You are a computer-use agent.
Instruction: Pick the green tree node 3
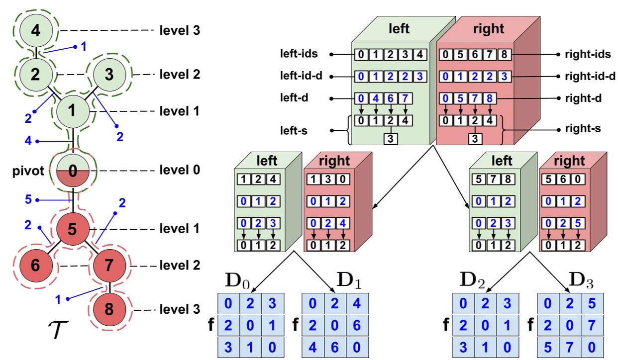click(109, 75)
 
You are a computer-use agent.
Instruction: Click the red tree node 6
click(35, 266)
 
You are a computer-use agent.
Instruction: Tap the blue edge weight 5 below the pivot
click(28, 200)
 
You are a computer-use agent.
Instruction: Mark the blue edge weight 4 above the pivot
click(28, 141)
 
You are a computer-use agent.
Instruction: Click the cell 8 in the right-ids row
click(504, 54)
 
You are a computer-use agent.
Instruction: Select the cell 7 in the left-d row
click(406, 98)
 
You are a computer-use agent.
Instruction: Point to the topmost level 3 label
click(180, 30)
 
